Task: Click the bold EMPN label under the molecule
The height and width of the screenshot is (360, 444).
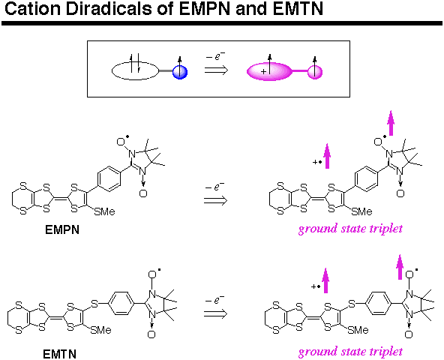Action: pos(62,229)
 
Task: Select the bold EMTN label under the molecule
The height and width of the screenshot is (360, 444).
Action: pos(59,354)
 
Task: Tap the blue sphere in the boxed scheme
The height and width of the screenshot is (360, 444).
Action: pos(180,72)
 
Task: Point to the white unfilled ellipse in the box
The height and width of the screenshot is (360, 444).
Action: pos(135,70)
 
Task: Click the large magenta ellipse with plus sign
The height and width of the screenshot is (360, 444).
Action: pos(269,71)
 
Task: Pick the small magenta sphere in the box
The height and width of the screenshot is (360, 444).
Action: pos(315,72)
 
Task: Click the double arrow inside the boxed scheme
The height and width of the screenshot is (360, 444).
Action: pos(216,70)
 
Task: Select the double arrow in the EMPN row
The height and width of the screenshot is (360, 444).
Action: pos(215,200)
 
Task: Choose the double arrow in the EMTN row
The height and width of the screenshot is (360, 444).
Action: pos(215,313)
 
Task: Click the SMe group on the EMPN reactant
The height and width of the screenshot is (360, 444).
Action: pos(104,211)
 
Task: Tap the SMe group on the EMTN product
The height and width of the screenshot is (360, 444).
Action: pos(358,330)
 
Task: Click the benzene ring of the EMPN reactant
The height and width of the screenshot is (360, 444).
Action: pos(109,179)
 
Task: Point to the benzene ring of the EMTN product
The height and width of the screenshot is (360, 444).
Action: pos(378,303)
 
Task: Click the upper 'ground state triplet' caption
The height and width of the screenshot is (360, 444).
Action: pos(350,229)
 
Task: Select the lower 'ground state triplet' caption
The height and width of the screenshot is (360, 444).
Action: pos(350,352)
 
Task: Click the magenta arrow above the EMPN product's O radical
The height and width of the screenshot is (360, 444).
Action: pos(391,123)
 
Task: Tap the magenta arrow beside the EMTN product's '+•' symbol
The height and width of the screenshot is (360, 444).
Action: pos(325,280)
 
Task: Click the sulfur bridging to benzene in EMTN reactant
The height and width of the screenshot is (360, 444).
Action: pos(94,304)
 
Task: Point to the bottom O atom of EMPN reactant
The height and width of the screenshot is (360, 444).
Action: pos(143,193)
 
